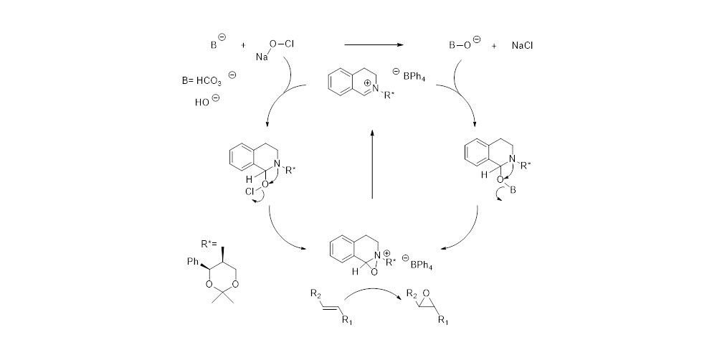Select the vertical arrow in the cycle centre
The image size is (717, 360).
pyautogui.click(x=372, y=164)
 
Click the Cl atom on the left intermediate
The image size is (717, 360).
pyautogui.click(x=249, y=192)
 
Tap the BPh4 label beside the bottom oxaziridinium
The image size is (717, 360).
pyautogui.click(x=421, y=265)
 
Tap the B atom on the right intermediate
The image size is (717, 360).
pyautogui.click(x=513, y=188)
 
